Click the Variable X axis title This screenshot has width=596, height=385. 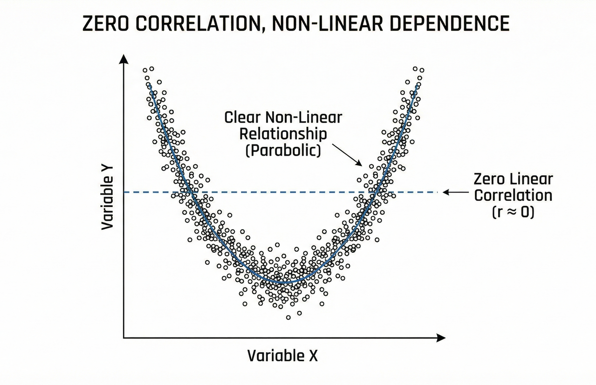[282, 356]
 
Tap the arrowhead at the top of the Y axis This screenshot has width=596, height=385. [123, 58]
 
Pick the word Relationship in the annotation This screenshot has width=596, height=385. [283, 134]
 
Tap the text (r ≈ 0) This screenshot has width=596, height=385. [513, 212]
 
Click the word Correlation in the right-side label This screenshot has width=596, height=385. [513, 195]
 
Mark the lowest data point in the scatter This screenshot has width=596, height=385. [288, 317]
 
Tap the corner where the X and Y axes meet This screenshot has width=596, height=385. [123, 337]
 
